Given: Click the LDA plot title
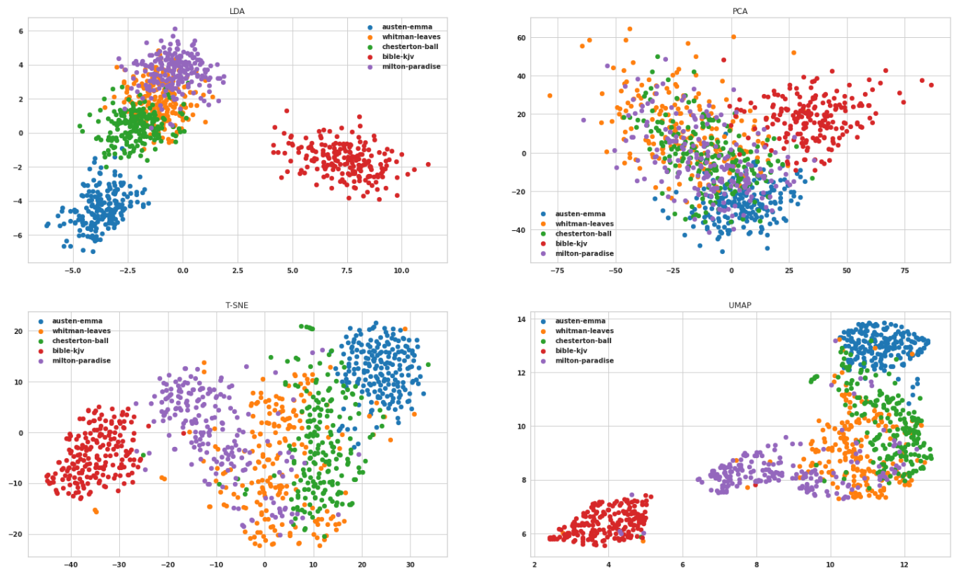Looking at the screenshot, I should pyautogui.click(x=237, y=11).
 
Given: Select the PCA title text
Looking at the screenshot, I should pyautogui.click(x=740, y=11).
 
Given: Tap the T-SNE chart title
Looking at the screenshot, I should pyautogui.click(x=237, y=305).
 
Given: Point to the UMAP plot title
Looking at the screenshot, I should pyautogui.click(x=740, y=305).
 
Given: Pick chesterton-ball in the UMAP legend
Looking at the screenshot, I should pyautogui.click(x=583, y=341).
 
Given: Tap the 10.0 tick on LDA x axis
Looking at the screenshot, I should pyautogui.click(x=401, y=270).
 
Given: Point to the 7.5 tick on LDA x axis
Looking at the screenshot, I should pyautogui.click(x=347, y=270).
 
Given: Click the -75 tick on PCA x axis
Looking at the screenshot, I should pyautogui.click(x=558, y=270).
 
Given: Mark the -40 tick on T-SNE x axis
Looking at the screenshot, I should pyautogui.click(x=70, y=564).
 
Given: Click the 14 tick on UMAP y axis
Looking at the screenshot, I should pyautogui.click(x=522, y=319).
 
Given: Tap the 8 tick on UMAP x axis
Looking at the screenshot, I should pyautogui.click(x=756, y=564).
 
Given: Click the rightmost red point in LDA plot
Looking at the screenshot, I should pyautogui.click(x=428, y=164).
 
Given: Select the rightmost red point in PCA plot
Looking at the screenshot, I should pyautogui.click(x=931, y=85).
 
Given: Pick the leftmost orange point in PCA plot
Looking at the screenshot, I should pyautogui.click(x=549, y=95).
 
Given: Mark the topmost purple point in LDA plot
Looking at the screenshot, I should pyautogui.click(x=175, y=29).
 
